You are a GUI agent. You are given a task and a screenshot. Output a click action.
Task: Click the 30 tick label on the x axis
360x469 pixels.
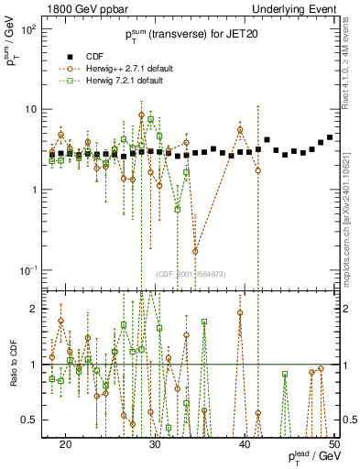pos(156,444)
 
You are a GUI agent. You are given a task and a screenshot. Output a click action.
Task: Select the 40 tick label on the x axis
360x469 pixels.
pos(245,444)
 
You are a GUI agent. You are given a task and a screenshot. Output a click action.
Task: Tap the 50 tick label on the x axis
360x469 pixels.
pos(334,444)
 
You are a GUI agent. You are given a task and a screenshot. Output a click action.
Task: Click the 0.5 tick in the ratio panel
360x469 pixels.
pos(32,420)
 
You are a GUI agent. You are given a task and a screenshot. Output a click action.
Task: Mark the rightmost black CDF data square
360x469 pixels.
pos(330,136)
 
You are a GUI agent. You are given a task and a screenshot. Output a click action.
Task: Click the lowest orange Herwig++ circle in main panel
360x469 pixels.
pos(195,251)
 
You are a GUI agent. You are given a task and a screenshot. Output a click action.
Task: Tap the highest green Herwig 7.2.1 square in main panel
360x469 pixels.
pos(150,119)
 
